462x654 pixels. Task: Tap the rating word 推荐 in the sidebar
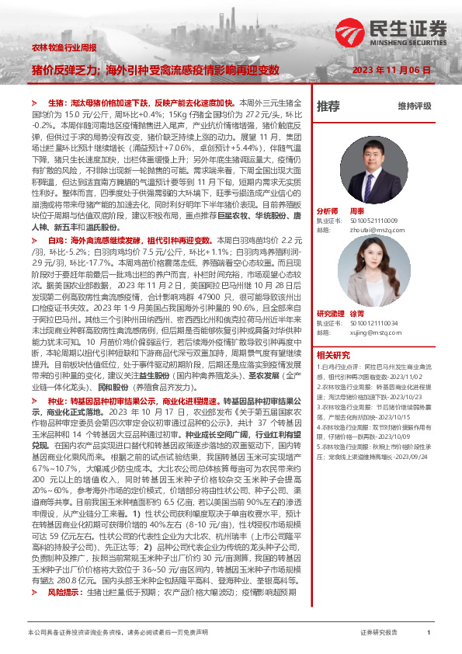328,106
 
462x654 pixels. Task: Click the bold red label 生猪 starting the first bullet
56,102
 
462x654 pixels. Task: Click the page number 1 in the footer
429,633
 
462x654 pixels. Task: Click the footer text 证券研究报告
379,633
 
